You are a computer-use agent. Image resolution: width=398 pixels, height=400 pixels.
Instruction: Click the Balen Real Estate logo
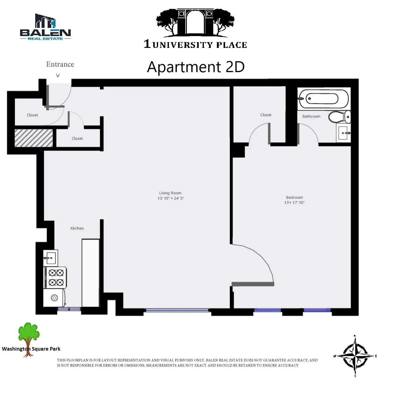point(45,27)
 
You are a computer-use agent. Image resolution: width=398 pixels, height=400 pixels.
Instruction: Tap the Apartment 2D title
point(196,67)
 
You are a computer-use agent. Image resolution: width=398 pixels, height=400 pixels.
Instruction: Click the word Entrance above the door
point(60,64)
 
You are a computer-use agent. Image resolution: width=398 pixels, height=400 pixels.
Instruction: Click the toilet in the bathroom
point(340,117)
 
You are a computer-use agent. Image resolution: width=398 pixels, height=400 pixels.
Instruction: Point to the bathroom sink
point(344,133)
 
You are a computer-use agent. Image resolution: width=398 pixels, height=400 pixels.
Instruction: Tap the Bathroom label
point(311,116)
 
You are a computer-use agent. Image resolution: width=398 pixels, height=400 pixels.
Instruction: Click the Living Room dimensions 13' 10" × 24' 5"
point(170,198)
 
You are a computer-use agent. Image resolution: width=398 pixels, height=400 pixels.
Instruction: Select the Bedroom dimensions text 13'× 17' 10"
point(294,203)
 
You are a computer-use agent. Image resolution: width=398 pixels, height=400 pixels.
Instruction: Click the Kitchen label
point(77,228)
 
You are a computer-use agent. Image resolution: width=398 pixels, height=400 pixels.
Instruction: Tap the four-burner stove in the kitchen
point(56,278)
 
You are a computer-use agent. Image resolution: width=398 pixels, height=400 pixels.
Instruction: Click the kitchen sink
point(50,258)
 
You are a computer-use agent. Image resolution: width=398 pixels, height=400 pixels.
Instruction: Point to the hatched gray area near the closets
point(34,138)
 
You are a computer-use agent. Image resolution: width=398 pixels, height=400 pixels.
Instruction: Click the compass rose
point(355,355)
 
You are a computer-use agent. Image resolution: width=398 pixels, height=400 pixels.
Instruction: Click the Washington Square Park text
point(31,349)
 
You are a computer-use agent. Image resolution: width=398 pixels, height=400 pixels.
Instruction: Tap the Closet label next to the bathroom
point(266,115)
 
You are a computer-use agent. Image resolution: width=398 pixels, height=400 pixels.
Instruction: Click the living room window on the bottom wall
point(177,310)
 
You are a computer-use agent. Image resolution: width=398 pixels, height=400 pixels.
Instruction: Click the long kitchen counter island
point(91,273)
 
